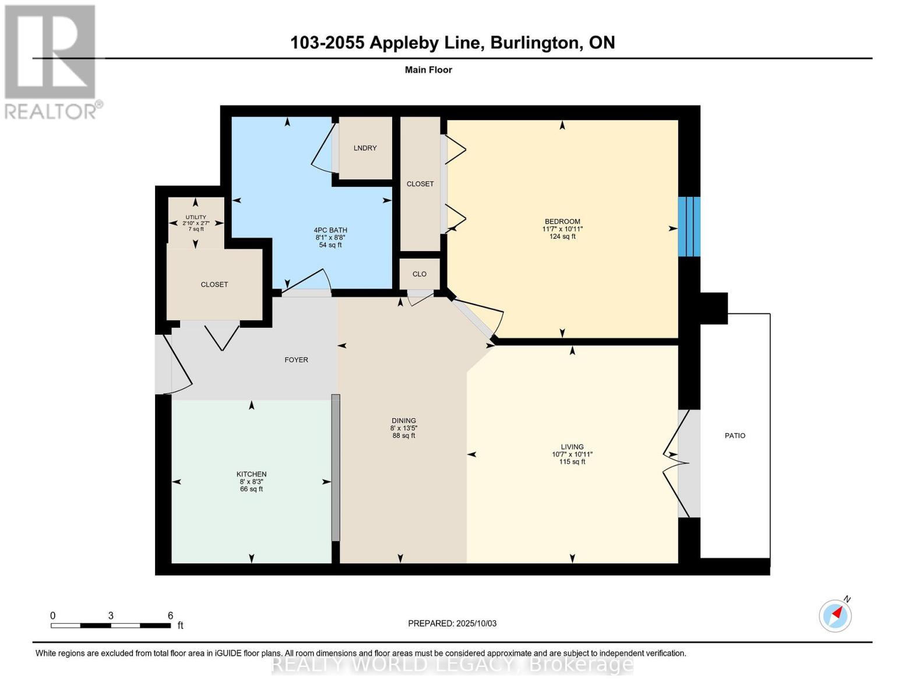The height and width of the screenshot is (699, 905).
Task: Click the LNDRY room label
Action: coord(365,148)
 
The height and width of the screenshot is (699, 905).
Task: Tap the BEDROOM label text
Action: coord(562,221)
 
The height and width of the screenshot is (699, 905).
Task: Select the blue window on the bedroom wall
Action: coord(689,227)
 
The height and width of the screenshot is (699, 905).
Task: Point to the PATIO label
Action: coord(735,436)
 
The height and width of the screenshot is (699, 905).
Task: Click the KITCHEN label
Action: coord(252,474)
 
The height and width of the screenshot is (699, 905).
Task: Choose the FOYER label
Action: coord(297,360)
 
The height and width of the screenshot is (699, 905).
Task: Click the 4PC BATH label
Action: coord(330,230)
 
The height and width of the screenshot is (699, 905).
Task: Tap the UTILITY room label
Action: coord(196,217)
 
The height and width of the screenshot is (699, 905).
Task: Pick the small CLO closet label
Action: coord(420,274)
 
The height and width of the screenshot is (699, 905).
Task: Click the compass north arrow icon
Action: coord(835,616)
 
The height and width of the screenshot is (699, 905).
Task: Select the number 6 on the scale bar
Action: coord(170,615)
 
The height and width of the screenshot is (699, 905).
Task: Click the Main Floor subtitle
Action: coord(428,70)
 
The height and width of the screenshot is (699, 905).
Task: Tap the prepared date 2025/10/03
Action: coord(477,624)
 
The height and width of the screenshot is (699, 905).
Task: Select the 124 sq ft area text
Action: coord(562,236)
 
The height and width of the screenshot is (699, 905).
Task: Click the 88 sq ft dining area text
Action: coord(404,436)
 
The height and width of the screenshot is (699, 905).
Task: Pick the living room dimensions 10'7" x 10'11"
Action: coord(572,454)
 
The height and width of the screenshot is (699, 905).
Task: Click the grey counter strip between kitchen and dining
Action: coord(336,468)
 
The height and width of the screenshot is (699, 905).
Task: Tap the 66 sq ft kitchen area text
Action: coord(252,489)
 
